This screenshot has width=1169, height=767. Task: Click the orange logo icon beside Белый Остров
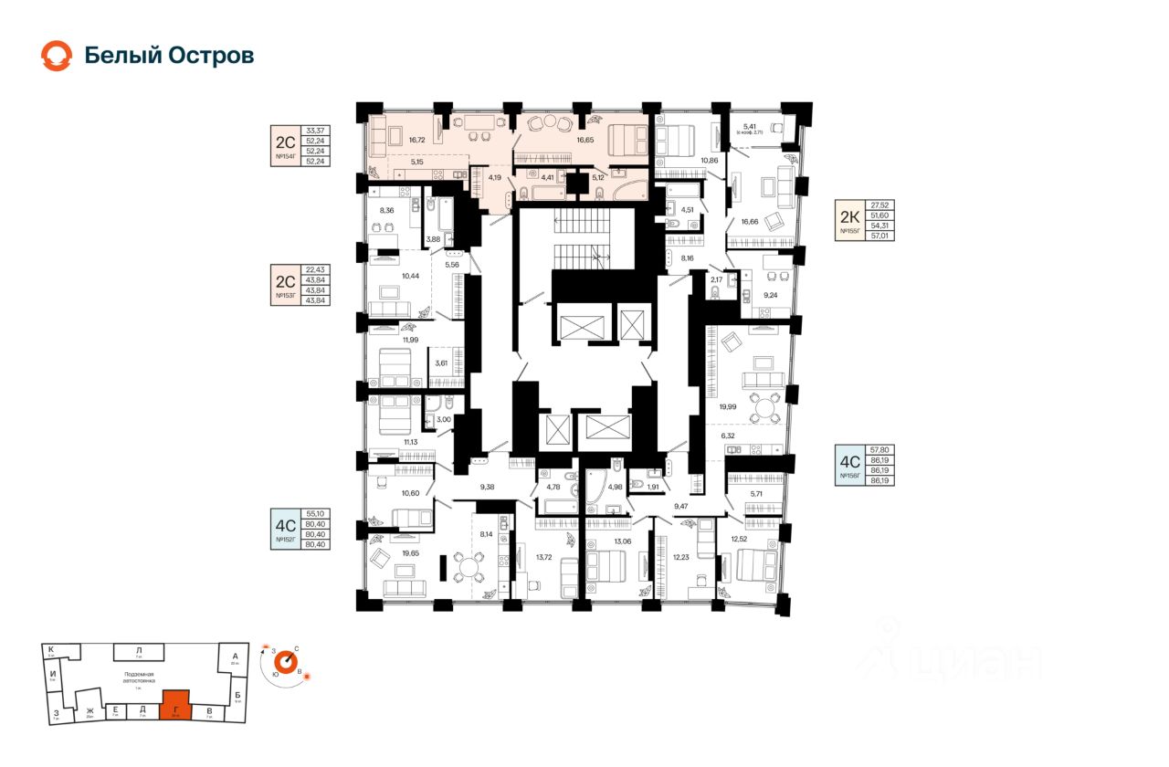pyautogui.click(x=56, y=56)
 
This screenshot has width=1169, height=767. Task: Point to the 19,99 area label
pyautogui.click(x=727, y=407)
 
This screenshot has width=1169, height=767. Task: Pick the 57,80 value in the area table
pyautogui.click(x=880, y=450)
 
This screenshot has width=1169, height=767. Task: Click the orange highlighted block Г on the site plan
pyautogui.click(x=175, y=705)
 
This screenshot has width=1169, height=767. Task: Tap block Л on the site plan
pyautogui.click(x=139, y=650)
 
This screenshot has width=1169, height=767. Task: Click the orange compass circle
pyautogui.click(x=288, y=660)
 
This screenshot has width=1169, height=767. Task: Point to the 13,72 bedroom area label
pyautogui.click(x=544, y=557)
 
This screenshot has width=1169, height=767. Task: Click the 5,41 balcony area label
pyautogui.click(x=750, y=126)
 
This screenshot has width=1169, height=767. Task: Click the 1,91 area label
pyautogui.click(x=653, y=488)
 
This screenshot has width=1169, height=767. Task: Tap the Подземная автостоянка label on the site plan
pyautogui.click(x=140, y=677)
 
